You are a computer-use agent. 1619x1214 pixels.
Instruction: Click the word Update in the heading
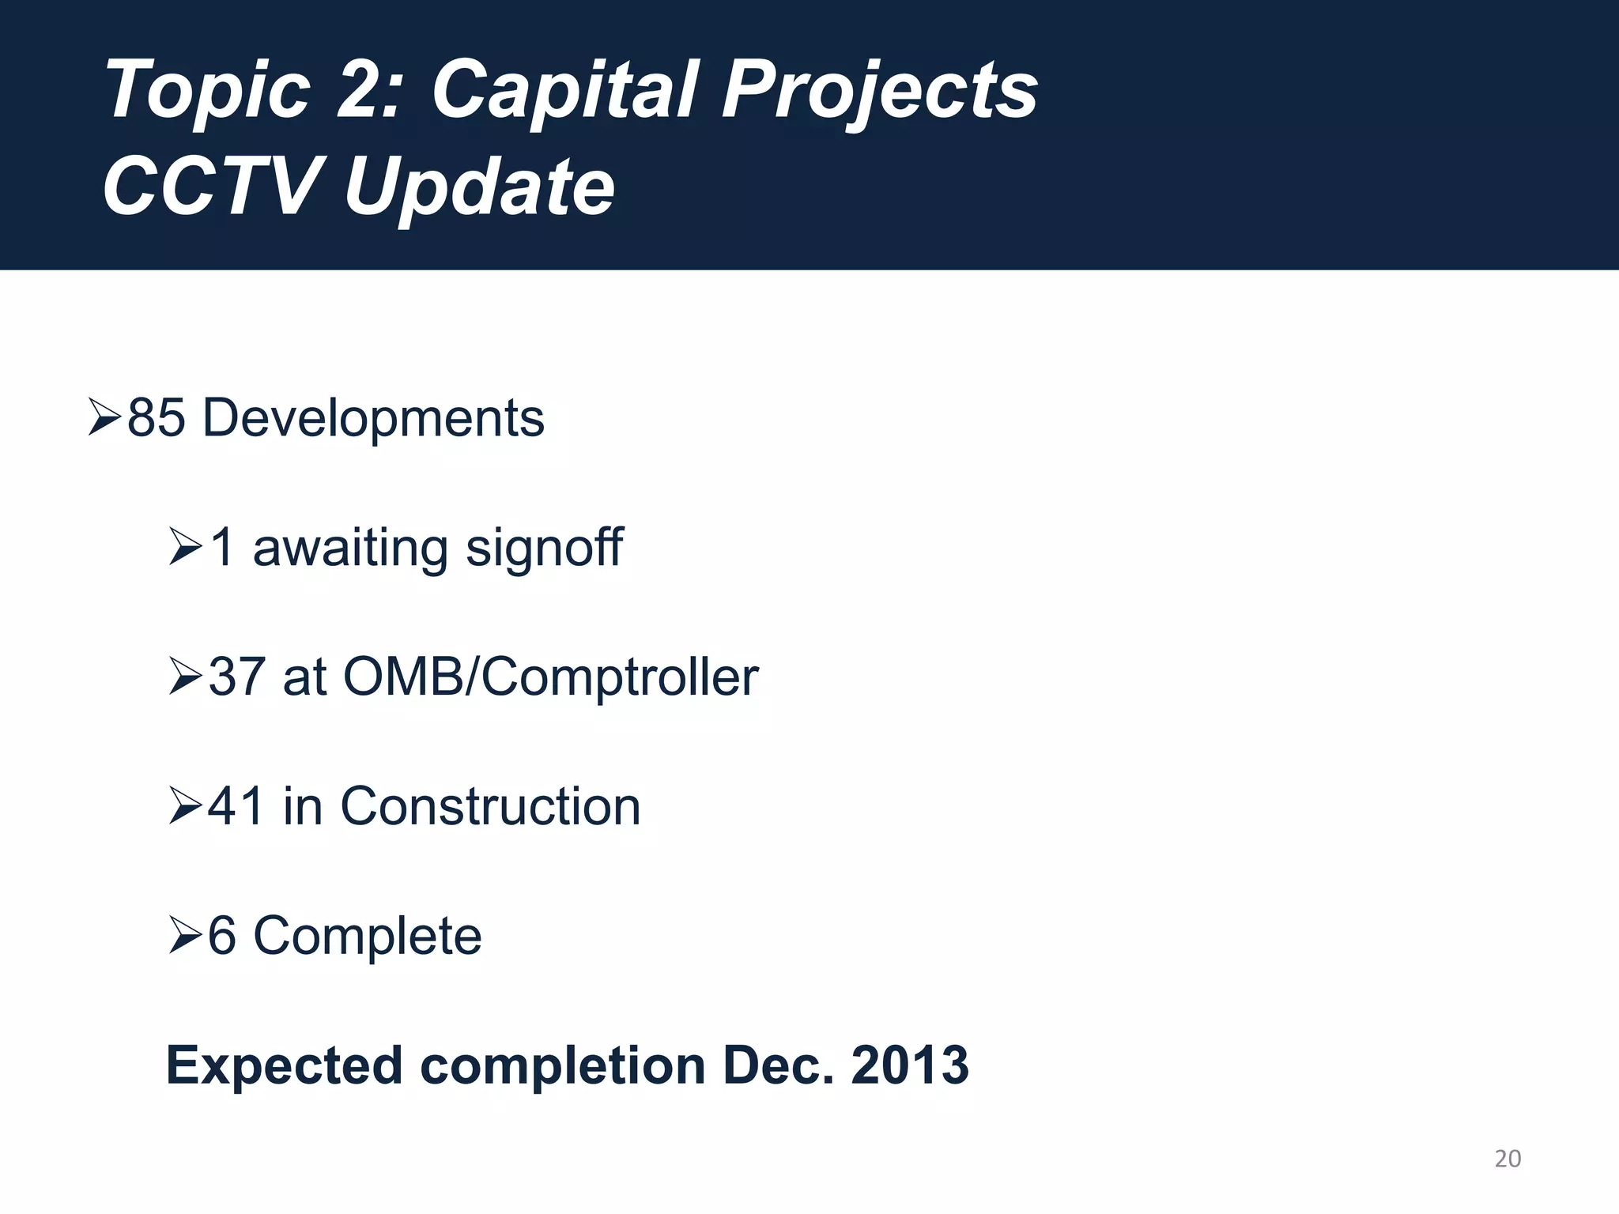[x=479, y=187]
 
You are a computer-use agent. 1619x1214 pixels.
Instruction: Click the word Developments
[x=373, y=419]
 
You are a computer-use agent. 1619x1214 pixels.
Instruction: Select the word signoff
[x=544, y=547]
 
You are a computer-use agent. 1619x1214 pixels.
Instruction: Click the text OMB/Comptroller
[x=550, y=677]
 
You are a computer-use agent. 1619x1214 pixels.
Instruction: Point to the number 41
[x=236, y=807]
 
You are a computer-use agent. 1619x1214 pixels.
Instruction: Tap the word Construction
[x=490, y=807]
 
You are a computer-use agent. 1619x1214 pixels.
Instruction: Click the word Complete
[x=367, y=937]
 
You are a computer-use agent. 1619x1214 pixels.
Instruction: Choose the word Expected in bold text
[x=285, y=1066]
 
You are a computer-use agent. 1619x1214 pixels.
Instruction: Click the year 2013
[x=909, y=1066]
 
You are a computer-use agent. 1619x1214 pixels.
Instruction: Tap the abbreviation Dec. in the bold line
[x=778, y=1066]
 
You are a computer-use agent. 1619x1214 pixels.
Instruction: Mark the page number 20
[x=1508, y=1159]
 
